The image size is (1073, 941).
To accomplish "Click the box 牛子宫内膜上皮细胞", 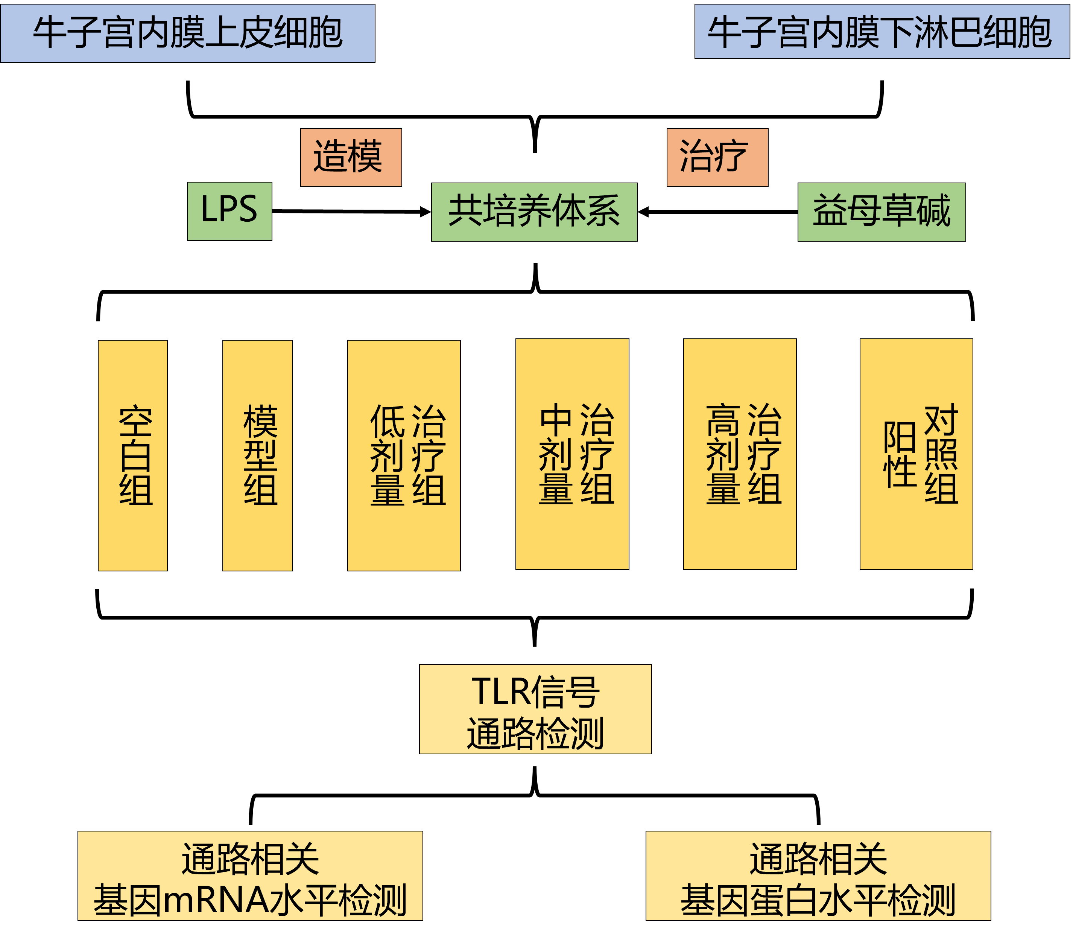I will coord(187,33).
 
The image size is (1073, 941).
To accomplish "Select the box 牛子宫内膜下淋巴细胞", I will coord(882,32).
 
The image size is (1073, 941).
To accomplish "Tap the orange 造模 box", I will coord(351,157).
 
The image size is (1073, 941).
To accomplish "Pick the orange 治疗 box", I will coord(717,157).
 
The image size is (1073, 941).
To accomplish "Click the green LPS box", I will coord(229,211).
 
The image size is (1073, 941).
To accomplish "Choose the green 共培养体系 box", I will coord(534,212).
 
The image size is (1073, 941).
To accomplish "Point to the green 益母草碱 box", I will coord(882,212).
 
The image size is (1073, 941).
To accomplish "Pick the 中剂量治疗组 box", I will coord(572,454).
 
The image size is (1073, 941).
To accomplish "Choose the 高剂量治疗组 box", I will coord(740,454).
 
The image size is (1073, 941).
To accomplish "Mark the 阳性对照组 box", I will coord(916,454).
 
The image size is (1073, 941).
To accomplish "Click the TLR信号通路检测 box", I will coord(535,709).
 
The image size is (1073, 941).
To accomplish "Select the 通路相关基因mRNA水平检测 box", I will coord(250,876).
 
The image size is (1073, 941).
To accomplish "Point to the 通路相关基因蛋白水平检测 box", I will coord(818,876).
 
